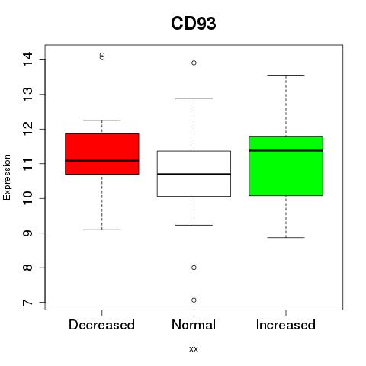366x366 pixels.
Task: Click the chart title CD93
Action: point(194,24)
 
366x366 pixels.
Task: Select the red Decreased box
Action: point(102,154)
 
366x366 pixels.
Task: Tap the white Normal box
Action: point(194,174)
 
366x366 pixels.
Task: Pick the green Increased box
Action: point(286,166)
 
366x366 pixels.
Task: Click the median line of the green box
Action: point(286,150)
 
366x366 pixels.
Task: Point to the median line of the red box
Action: point(102,161)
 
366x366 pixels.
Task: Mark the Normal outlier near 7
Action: point(194,300)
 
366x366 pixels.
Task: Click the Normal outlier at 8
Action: point(194,268)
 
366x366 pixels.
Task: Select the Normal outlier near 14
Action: point(194,63)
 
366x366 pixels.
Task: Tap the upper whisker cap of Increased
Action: point(286,75)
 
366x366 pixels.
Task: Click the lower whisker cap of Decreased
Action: point(102,230)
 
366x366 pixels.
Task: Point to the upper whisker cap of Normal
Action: point(194,98)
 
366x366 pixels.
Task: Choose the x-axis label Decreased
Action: point(101,325)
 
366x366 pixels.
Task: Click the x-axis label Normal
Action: point(194,325)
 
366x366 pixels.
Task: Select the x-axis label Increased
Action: point(286,325)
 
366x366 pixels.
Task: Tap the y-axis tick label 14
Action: point(27,59)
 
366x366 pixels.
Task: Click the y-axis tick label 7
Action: point(27,303)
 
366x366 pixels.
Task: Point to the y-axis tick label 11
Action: point(27,163)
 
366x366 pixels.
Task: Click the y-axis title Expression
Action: point(7,177)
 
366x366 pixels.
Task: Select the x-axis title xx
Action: point(194,349)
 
